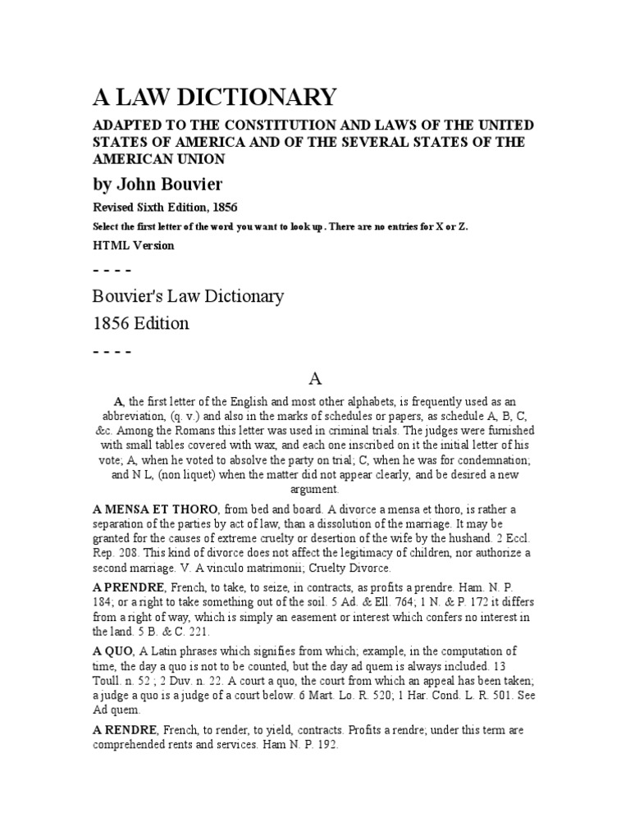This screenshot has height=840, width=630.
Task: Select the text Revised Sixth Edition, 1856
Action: coord(169,208)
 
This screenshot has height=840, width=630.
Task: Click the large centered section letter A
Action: coord(315,378)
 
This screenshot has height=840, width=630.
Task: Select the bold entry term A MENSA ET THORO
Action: coord(162,509)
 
